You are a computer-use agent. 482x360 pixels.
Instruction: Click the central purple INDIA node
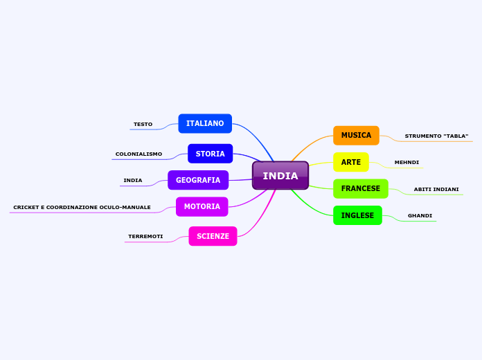(x=280, y=176)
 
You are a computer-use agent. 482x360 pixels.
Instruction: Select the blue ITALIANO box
(x=205, y=123)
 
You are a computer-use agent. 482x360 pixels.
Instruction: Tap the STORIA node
(x=210, y=154)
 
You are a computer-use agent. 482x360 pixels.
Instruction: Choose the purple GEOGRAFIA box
(x=198, y=180)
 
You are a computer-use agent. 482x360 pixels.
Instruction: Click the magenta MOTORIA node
(x=202, y=206)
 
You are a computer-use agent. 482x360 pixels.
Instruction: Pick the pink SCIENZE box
(x=213, y=236)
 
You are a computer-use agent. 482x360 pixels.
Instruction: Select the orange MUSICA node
(x=356, y=135)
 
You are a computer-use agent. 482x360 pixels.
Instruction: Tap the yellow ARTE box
(x=350, y=162)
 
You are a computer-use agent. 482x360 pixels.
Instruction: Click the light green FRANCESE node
(x=360, y=188)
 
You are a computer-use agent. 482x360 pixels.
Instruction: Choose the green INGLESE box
(x=357, y=215)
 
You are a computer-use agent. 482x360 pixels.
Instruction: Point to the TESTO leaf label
(x=143, y=125)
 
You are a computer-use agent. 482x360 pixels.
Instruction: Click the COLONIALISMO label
(x=139, y=154)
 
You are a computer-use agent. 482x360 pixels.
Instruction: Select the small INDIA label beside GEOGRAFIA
(x=132, y=181)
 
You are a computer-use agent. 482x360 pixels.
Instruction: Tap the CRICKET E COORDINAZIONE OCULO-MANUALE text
(x=82, y=208)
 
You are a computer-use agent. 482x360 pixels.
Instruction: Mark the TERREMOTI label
(x=145, y=237)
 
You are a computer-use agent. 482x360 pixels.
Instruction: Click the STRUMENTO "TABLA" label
(x=436, y=136)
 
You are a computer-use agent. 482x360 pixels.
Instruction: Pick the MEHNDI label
(x=407, y=163)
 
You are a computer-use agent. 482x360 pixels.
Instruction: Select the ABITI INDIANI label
(x=436, y=190)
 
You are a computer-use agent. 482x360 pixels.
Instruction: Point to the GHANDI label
(x=420, y=216)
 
